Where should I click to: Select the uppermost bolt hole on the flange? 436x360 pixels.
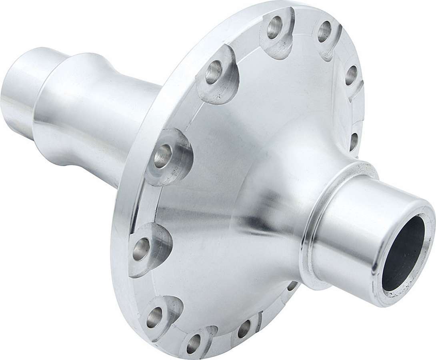[274, 28]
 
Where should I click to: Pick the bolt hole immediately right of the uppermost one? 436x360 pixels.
[324, 31]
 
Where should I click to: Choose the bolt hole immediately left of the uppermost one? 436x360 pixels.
[214, 72]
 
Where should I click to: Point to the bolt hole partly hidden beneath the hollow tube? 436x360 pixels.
[292, 286]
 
